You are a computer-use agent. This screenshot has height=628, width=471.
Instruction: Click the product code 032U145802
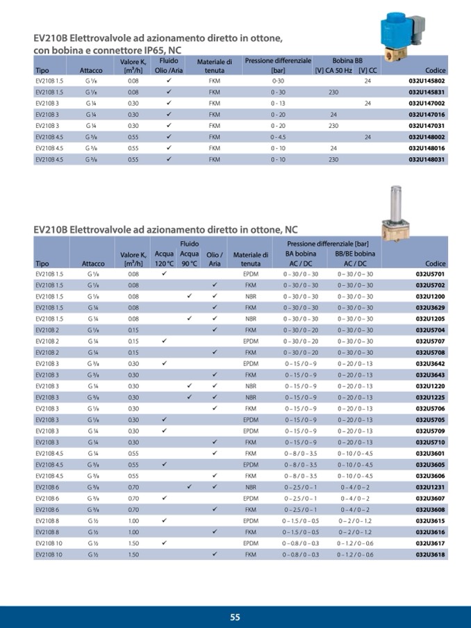coord(427,81)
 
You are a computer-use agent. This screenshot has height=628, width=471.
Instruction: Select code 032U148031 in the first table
coord(427,159)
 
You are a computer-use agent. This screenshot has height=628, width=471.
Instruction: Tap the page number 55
coord(235,617)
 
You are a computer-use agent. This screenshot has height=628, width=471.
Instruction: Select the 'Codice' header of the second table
coord(435,264)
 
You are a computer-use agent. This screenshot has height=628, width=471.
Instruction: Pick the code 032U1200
coord(431,296)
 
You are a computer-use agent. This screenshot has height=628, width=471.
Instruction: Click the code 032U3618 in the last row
coord(431,554)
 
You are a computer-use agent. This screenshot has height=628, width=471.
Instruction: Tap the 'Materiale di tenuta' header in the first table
coord(214,66)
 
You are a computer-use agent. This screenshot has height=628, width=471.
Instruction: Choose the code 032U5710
coord(431,442)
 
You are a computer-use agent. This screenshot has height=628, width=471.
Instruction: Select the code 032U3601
coord(431,454)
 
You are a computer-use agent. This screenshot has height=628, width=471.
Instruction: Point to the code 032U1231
coord(431,487)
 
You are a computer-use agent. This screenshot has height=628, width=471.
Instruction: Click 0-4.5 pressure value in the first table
coord(278,137)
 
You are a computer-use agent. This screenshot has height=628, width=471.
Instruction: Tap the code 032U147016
coord(427,114)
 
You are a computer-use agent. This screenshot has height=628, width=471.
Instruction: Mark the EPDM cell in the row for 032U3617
coord(251,543)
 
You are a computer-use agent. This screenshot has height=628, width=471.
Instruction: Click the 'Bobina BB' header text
coord(347,61)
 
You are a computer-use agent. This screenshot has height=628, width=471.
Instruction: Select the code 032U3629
coord(431,307)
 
